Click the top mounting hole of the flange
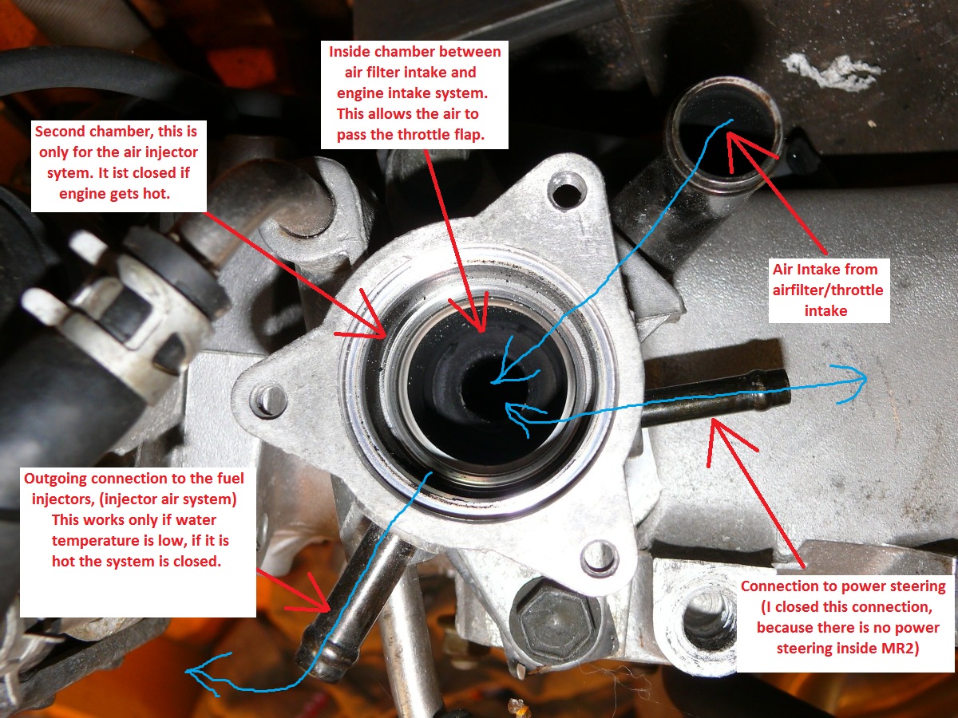[566, 191]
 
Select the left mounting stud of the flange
[267, 400]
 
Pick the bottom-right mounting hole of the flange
[600, 556]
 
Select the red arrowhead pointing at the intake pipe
[742, 148]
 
